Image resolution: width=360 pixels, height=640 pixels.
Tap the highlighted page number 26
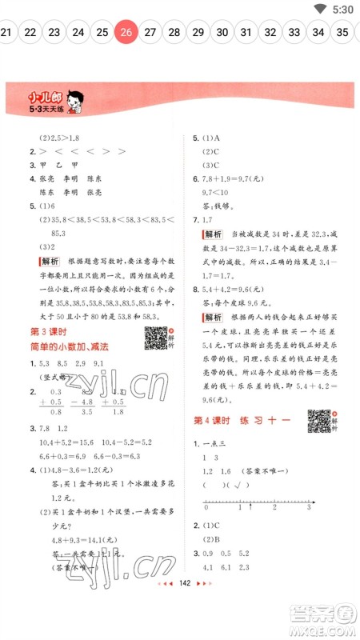(x=126, y=32)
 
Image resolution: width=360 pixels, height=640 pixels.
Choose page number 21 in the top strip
(x=6, y=32)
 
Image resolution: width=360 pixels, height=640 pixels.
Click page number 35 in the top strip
(x=342, y=32)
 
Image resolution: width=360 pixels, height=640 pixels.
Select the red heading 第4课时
(x=214, y=421)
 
